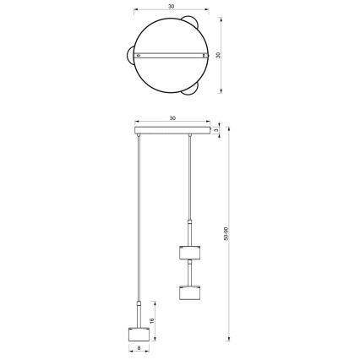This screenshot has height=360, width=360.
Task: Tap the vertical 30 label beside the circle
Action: (217, 55)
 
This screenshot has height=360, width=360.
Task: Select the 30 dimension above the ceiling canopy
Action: (172, 118)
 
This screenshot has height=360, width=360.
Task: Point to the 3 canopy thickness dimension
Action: (217, 132)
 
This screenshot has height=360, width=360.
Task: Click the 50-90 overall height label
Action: (226, 234)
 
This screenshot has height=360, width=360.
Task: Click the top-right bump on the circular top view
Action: (195, 20)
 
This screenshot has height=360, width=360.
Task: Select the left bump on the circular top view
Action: (131, 56)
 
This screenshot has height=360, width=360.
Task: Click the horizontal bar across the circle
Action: (172, 56)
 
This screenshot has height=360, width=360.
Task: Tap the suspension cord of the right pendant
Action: (191, 177)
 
